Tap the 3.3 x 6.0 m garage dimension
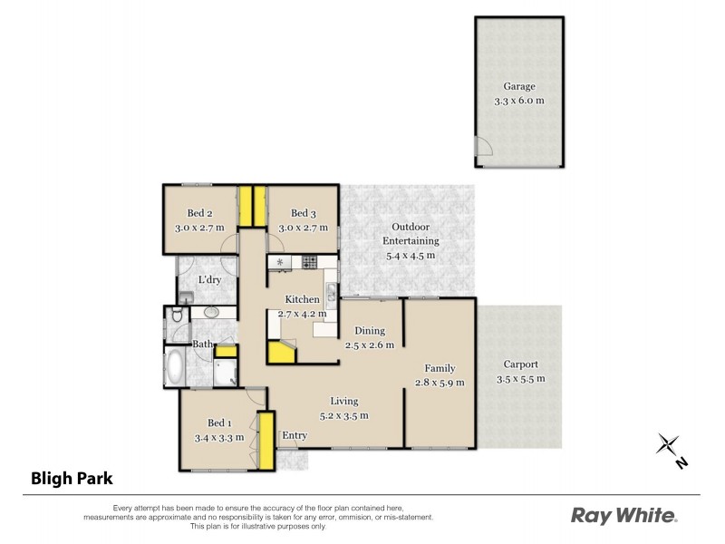[x=518, y=101]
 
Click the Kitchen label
[x=302, y=299]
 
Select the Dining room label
[x=370, y=331]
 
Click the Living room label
[x=343, y=401]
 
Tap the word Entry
[x=295, y=436]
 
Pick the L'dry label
[x=210, y=280]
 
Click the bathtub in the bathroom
[x=175, y=367]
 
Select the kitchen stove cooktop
[x=309, y=263]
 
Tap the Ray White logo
[x=623, y=516]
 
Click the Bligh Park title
[x=72, y=478]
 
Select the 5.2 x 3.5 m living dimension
[x=343, y=415]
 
